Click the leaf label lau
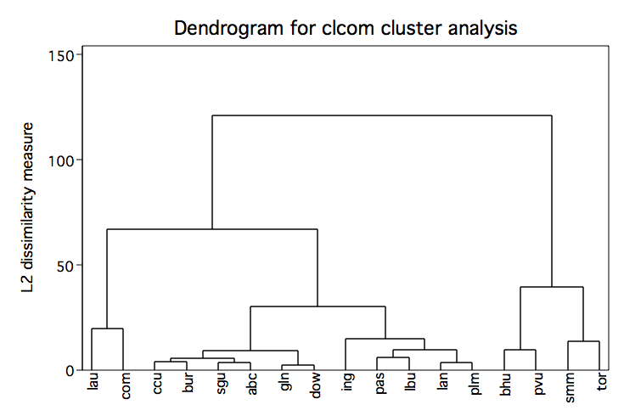click(93, 381)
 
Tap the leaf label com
click(125, 385)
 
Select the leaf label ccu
click(157, 384)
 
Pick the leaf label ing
click(347, 382)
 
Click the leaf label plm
click(475, 384)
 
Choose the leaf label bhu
click(505, 384)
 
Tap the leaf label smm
click(570, 388)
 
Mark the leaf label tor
click(602, 381)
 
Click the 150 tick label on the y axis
click(61, 56)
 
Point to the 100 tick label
click(61, 161)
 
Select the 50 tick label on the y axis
click(65, 267)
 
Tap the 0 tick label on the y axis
click(70, 371)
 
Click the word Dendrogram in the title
click(229, 28)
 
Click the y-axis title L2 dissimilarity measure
click(27, 207)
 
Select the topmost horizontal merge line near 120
click(382, 115)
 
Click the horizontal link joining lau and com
click(108, 329)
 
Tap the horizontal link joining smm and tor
click(584, 341)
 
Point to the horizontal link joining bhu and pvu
click(520, 350)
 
